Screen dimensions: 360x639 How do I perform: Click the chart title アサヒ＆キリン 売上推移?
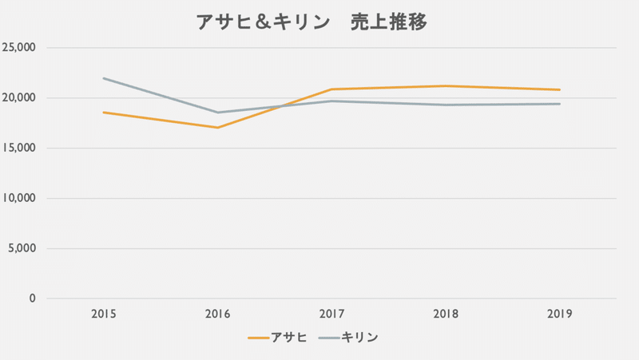(x=312, y=22)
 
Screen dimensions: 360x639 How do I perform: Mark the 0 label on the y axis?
(x=32, y=299)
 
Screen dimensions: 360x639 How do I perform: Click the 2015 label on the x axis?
(x=103, y=315)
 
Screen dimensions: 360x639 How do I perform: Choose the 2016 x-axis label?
(x=217, y=315)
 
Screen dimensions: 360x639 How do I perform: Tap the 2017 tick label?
(x=331, y=315)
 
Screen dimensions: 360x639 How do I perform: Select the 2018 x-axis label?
(x=446, y=315)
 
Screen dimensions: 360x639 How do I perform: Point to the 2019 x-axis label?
(x=560, y=315)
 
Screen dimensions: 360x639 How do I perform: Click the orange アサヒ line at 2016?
(x=217, y=128)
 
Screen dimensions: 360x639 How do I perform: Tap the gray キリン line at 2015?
(x=103, y=78)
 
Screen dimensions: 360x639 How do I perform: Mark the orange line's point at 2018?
(x=446, y=86)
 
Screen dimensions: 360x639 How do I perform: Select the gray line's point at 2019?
(x=560, y=104)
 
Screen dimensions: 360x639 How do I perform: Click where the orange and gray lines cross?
(x=280, y=106)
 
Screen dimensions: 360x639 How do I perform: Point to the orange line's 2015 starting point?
(x=103, y=113)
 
